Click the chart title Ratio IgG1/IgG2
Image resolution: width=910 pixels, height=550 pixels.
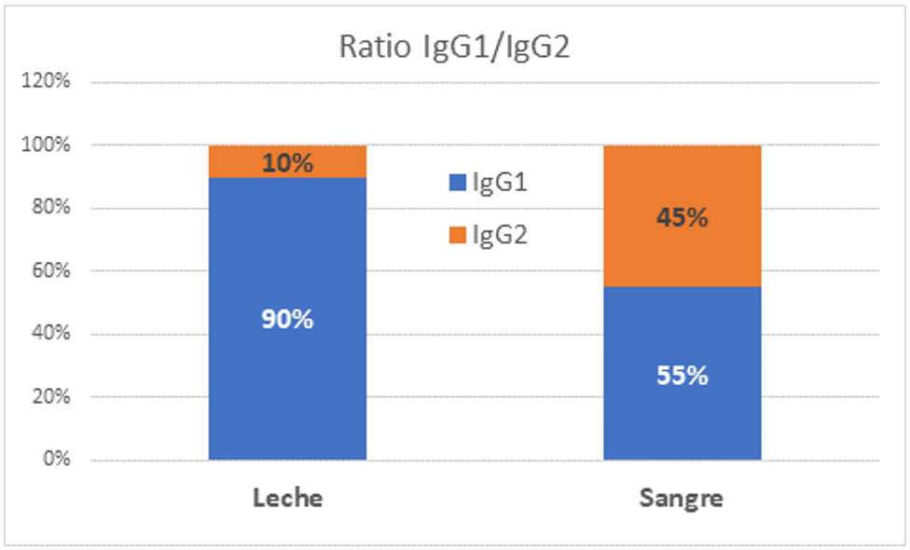454,48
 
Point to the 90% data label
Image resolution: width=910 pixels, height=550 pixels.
287,319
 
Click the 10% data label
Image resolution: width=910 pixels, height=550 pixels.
287,163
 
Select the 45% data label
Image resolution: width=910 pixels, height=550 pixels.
682,218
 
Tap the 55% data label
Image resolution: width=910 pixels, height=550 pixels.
682,376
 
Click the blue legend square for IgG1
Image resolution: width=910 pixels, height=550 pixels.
456,184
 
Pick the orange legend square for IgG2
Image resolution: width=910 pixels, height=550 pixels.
456,236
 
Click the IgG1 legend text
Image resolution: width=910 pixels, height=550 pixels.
500,184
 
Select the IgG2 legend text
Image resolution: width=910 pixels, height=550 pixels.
500,236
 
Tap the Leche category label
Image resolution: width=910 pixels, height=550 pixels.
287,498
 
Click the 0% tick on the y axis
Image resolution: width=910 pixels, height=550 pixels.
57,460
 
